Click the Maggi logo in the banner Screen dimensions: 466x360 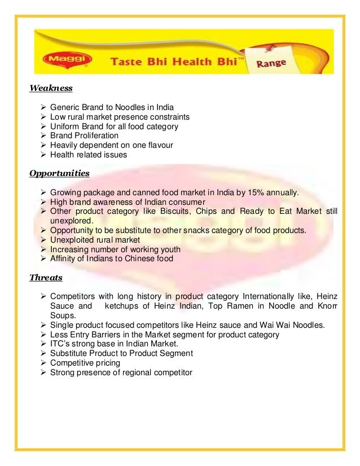pyautogui.click(x=56, y=59)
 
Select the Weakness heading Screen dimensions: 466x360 pyautogui.click(x=51, y=88)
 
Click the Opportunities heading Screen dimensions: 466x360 pyautogui.click(x=59, y=173)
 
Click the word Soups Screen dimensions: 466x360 pyautogui.click(x=63, y=316)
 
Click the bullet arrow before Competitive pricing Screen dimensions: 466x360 pyautogui.click(x=44, y=363)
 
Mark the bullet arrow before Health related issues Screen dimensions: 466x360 pyautogui.click(x=44, y=155)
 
